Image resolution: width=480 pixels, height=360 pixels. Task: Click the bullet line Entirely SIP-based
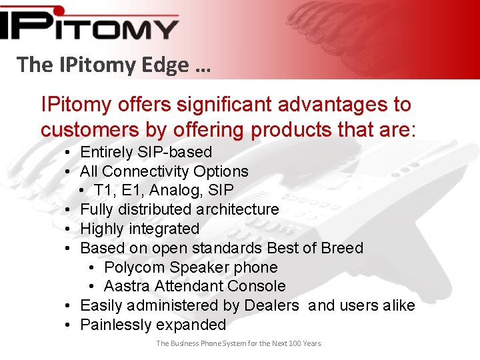(x=145, y=152)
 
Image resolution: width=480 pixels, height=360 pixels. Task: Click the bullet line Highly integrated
(x=139, y=229)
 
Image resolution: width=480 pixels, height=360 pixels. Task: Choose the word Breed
(x=342, y=248)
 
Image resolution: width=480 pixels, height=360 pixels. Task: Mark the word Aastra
(x=127, y=286)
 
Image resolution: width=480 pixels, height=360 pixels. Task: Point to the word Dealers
(x=271, y=305)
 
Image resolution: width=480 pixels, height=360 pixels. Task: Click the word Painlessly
(x=115, y=325)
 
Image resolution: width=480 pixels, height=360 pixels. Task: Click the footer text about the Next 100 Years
(x=239, y=343)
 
